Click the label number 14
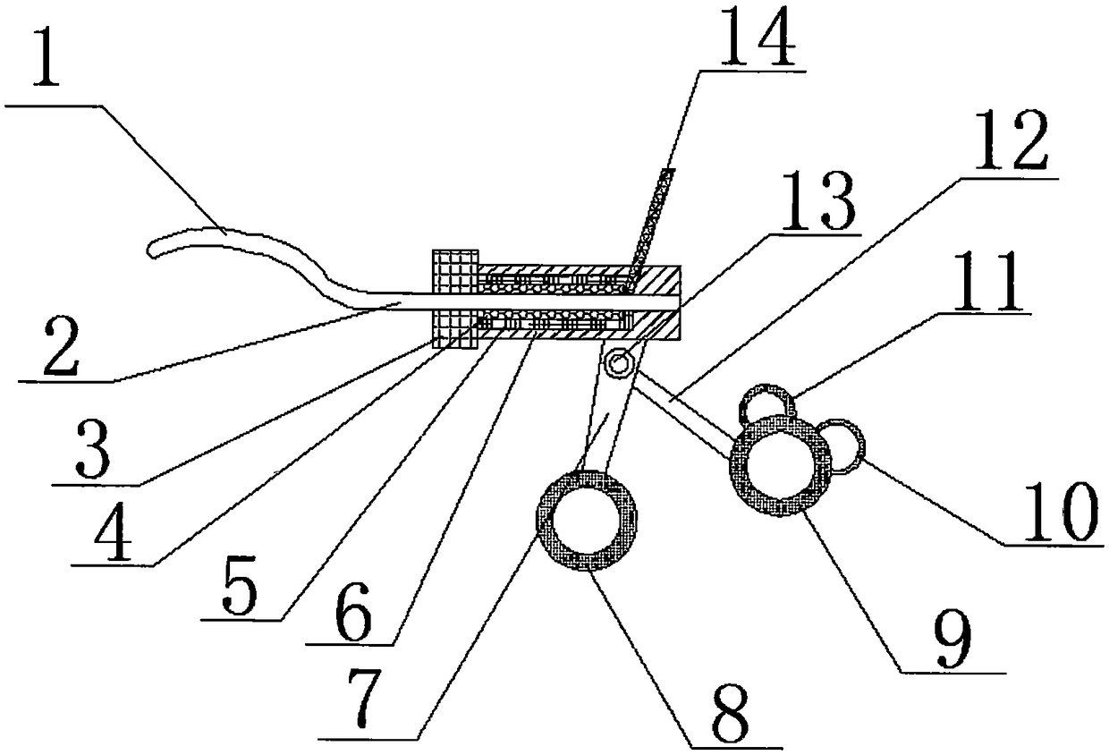pos(758,34)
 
